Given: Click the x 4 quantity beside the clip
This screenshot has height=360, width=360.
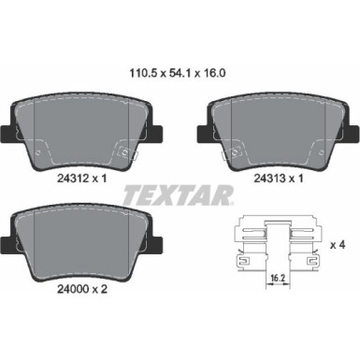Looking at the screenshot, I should [x=337, y=243].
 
